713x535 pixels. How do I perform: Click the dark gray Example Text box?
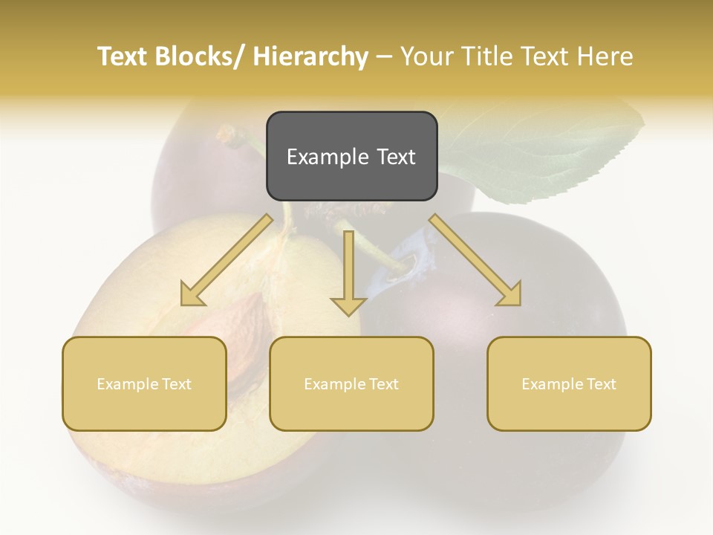click(351, 156)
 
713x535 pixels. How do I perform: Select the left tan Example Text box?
click(144, 383)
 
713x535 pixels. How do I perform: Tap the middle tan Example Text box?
click(351, 383)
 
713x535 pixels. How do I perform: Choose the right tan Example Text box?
click(569, 383)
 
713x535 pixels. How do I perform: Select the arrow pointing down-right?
click(475, 260)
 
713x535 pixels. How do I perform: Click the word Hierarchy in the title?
click(310, 56)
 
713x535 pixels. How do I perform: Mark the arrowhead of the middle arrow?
click(348, 305)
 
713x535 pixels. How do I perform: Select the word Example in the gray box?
click(322, 157)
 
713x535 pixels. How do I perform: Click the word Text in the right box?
click(600, 383)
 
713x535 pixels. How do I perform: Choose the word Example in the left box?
click(127, 383)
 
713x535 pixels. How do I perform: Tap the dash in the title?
click(384, 56)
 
